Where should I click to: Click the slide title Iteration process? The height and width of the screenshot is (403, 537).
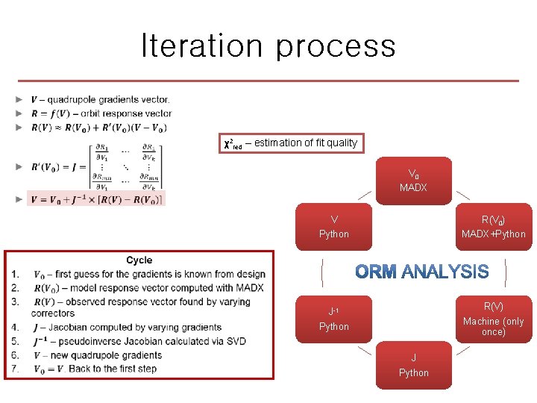pos(268,46)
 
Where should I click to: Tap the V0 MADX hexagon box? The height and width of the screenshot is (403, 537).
pos(413,181)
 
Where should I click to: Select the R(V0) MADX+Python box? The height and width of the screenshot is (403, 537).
pos(493,227)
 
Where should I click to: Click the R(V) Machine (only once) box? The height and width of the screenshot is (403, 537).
pos(493,319)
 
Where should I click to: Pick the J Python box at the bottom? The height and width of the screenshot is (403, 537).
pos(413,365)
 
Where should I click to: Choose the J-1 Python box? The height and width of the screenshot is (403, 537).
pos(333,319)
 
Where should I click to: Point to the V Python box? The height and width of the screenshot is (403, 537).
pos(333,227)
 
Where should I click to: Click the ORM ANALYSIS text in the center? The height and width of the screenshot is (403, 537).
pos(421,272)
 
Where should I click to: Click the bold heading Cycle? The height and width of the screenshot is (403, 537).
pos(139,260)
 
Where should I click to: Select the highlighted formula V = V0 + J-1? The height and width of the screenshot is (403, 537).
pos(95,199)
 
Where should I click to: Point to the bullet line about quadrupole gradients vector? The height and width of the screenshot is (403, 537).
pos(100,100)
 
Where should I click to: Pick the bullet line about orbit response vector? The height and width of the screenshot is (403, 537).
pos(101,113)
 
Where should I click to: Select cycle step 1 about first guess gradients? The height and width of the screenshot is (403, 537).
pos(148,274)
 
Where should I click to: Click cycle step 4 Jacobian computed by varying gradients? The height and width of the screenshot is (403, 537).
pos(126,328)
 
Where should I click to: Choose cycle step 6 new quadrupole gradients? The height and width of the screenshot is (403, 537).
pos(97,355)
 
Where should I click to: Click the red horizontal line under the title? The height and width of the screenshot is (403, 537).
pos(268,81)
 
